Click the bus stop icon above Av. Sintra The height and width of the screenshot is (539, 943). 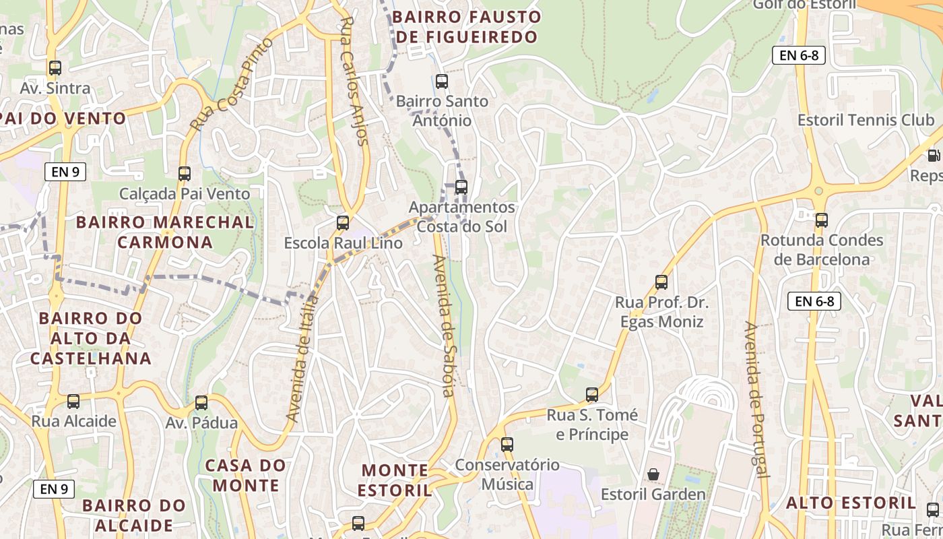55,68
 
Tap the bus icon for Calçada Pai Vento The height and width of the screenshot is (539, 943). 185,174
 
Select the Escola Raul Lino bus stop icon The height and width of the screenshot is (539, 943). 343,223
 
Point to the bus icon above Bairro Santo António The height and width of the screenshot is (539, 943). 442,82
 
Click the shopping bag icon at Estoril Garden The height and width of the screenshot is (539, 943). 653,474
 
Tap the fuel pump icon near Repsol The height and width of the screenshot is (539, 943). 934,156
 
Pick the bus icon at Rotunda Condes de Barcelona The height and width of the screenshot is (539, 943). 821,220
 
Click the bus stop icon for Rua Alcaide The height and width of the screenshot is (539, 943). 73,402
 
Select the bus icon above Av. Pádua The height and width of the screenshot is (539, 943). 201,403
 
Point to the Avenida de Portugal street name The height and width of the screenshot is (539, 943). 756,399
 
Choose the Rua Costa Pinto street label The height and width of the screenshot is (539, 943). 231,85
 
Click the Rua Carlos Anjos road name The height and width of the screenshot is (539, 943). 355,81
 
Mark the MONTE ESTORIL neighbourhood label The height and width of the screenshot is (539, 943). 395,480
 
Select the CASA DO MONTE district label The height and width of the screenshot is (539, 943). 245,475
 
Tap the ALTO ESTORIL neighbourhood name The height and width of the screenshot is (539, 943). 851,503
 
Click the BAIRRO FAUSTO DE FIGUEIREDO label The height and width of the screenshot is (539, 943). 467,26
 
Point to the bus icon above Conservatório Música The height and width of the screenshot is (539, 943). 507,445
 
